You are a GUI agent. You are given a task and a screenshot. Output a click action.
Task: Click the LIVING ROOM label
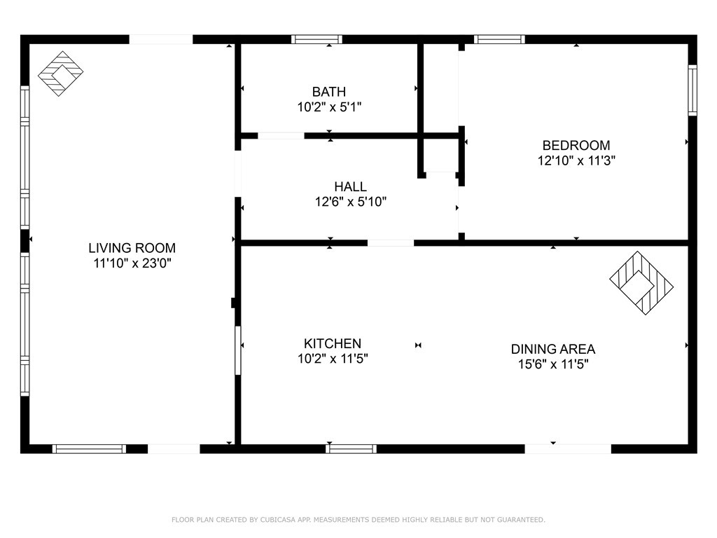tap(132, 247)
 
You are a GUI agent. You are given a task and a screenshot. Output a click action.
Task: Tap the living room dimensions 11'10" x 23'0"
tap(132, 263)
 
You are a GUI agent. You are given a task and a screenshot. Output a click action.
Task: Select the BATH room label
tap(328, 91)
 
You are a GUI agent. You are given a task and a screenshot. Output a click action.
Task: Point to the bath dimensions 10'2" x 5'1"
tap(328, 107)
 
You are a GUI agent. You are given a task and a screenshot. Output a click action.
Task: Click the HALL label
tap(350, 186)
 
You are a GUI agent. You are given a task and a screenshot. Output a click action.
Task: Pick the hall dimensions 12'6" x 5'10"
tap(350, 202)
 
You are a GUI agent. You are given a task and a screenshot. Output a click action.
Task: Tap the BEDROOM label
tap(576, 145)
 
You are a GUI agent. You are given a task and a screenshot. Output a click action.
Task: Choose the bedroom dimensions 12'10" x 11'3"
tap(576, 160)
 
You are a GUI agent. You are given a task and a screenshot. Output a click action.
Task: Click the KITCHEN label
tap(333, 343)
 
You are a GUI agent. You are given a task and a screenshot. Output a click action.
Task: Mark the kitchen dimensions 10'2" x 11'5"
tap(333, 359)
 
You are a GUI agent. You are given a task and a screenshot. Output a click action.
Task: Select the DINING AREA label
tap(552, 349)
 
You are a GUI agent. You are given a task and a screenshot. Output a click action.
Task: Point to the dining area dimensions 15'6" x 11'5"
tap(552, 364)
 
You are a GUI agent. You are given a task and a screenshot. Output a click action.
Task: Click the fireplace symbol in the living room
tap(60, 74)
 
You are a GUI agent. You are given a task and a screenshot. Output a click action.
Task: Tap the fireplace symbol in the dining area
tap(641, 282)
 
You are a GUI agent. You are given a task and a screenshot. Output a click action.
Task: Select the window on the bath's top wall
tap(316, 39)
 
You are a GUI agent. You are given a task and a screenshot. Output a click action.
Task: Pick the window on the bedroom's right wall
tap(692, 90)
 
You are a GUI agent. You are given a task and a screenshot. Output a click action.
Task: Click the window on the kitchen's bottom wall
tap(351, 448)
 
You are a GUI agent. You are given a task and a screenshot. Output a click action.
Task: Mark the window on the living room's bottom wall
tap(90, 448)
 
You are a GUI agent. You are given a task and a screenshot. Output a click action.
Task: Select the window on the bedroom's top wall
tap(499, 39)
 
